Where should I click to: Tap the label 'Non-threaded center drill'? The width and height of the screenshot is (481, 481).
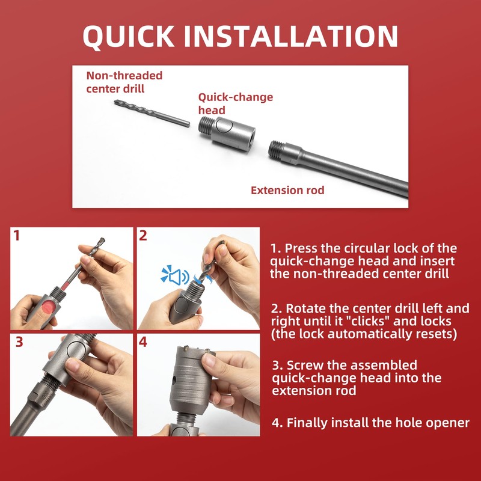click(124, 82)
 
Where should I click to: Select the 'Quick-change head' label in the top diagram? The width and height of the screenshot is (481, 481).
click(235, 103)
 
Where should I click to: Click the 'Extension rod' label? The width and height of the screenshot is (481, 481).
click(287, 191)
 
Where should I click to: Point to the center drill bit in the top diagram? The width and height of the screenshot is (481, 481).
click(152, 113)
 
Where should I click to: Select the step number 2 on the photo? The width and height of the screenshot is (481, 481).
click(143, 236)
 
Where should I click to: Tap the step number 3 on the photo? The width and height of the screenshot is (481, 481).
click(19, 342)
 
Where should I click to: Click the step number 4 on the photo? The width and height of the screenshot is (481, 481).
click(143, 342)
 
